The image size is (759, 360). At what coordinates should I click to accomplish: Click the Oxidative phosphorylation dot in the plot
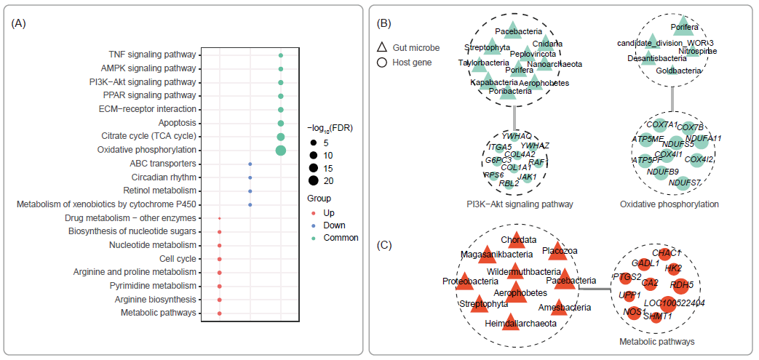point(280,150)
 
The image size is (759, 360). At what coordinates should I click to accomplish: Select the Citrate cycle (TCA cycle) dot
point(280,137)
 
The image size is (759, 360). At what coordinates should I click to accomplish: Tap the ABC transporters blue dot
point(250,164)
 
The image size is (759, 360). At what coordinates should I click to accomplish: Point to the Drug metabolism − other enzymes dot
point(220,217)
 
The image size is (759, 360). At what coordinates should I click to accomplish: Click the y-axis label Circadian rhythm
point(164,177)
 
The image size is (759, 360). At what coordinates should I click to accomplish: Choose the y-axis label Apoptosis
point(178,123)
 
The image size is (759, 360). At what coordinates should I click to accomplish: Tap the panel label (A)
point(19,23)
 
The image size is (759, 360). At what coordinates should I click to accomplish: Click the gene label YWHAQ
point(517,136)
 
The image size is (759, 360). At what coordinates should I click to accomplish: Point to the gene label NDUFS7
point(685,182)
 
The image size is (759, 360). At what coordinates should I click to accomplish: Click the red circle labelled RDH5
point(682,284)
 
